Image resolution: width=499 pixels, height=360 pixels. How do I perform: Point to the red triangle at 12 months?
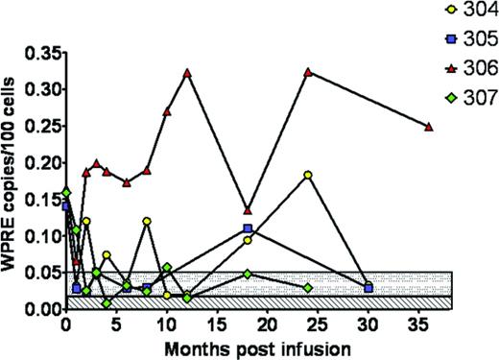pyautogui.click(x=187, y=73)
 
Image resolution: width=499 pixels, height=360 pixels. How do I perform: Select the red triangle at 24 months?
pyautogui.click(x=308, y=72)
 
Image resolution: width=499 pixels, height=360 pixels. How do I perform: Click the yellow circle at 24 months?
pyautogui.click(x=308, y=175)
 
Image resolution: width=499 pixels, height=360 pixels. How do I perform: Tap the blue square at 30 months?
pyautogui.click(x=368, y=288)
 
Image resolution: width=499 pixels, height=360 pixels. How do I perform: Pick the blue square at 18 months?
pyautogui.click(x=248, y=228)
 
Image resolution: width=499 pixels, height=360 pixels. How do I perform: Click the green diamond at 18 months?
pyautogui.click(x=248, y=274)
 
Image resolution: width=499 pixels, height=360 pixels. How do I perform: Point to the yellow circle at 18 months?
pyautogui.click(x=248, y=240)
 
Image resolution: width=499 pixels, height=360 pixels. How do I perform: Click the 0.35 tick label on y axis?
pyautogui.click(x=39, y=52)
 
